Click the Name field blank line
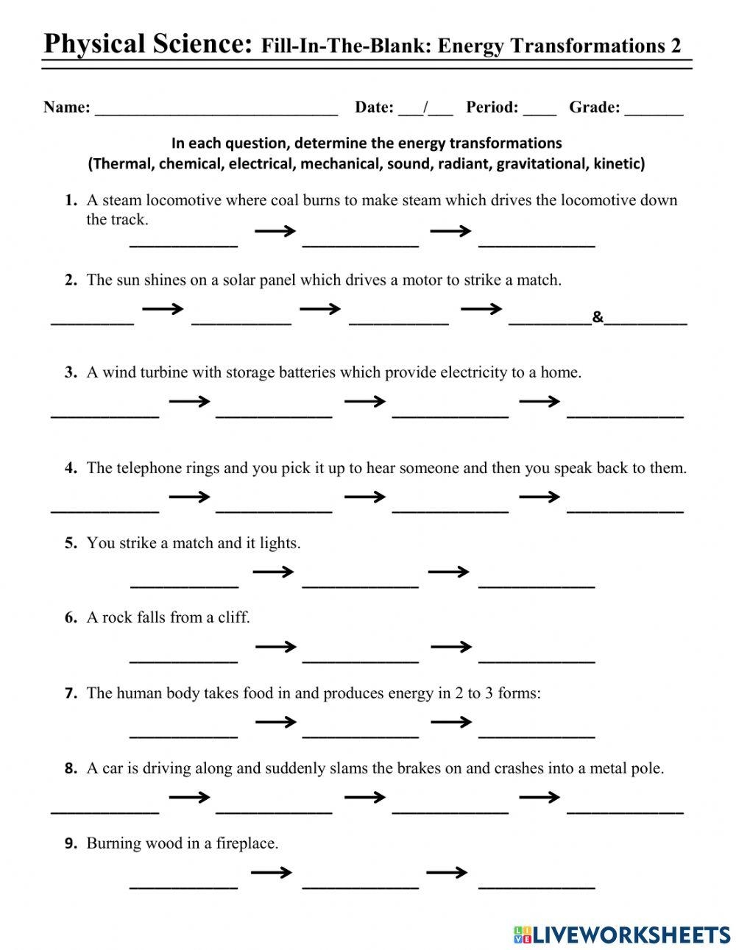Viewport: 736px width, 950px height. (216, 110)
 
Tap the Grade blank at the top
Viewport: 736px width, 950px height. (654, 110)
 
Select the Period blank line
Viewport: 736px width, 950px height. (540, 110)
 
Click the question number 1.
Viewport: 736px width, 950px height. (71, 200)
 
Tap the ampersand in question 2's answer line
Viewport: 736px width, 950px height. (598, 317)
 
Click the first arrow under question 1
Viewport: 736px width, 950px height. (275, 232)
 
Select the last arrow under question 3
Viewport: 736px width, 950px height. (539, 401)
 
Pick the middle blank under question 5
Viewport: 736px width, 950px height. (360, 583)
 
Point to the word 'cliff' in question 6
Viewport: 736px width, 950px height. (233, 617)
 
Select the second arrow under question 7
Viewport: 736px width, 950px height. (451, 722)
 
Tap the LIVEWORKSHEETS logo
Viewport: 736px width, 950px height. (622, 935)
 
